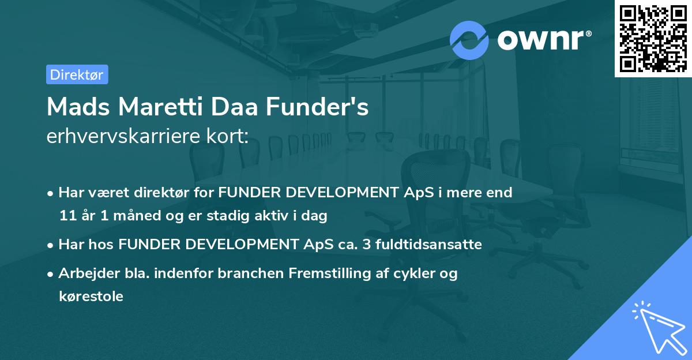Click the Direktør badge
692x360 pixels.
[77, 74]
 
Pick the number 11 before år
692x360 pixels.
[66, 216]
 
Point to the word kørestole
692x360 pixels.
[91, 297]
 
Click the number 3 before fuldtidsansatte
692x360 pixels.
[366, 245]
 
